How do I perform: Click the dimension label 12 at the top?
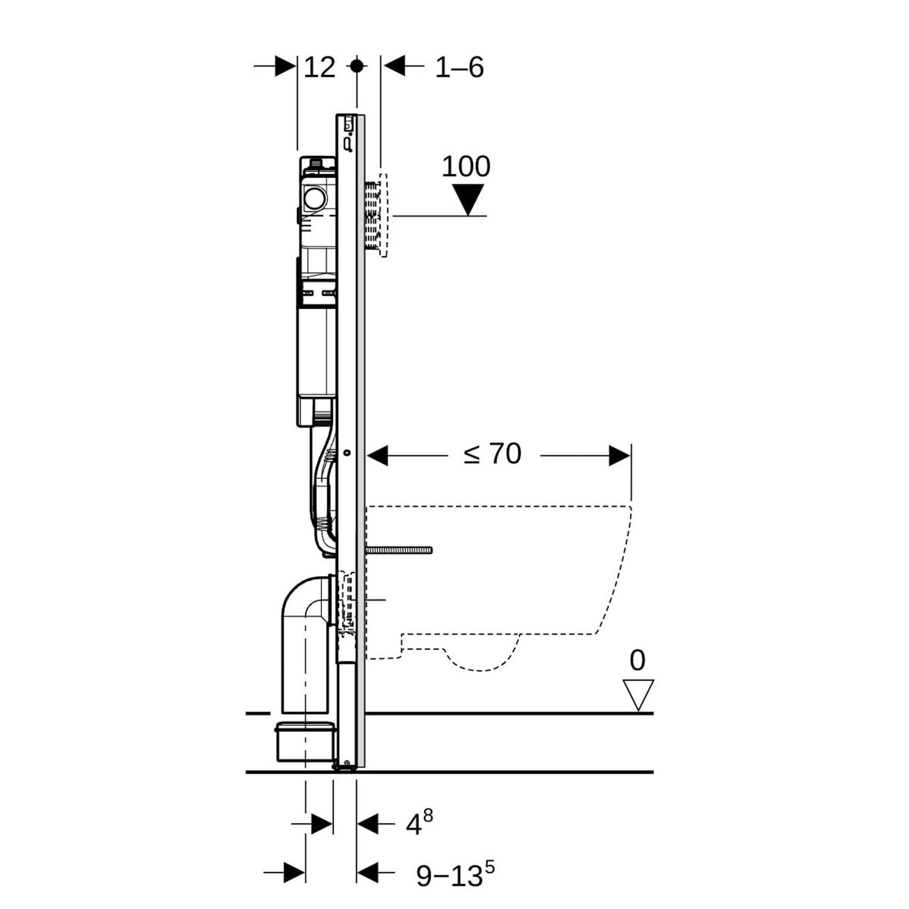coord(320,67)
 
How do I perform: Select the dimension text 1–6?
coord(459,67)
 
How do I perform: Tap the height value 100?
coord(466,167)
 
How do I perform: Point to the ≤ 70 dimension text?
coord(493,454)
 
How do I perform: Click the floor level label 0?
coord(637,661)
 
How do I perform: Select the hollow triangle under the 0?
coord(638,694)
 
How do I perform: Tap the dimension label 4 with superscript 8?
coord(418,823)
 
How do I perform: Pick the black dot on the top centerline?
coord(357,65)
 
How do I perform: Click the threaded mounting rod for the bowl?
coord(400,550)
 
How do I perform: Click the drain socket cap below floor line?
coord(303,743)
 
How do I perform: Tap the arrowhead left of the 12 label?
coord(285,66)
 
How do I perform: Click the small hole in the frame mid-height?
coord(347,453)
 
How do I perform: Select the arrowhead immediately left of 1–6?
coord(394,66)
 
